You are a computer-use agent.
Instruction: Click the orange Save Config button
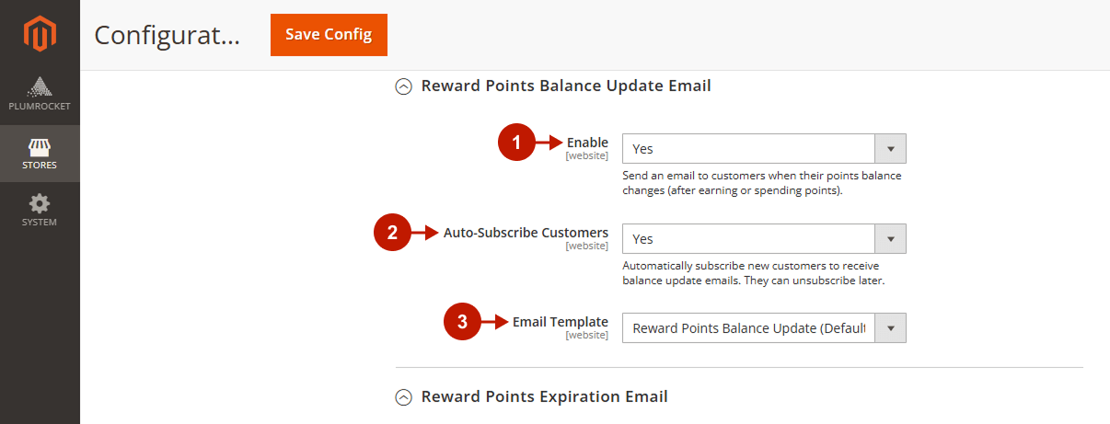329,35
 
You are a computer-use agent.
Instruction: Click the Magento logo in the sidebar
40,34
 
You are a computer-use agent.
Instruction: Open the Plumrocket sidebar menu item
40,94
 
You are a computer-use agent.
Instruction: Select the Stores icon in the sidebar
40,147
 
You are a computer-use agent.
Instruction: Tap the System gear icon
40,203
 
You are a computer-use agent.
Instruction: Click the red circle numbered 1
516,143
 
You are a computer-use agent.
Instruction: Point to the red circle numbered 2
392,233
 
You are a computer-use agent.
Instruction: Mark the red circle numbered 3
462,322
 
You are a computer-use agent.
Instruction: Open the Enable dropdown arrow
890,149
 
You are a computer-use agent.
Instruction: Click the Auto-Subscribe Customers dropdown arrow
890,239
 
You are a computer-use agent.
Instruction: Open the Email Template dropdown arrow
890,328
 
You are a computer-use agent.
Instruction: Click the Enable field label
587,143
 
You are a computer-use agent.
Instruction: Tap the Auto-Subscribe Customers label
526,233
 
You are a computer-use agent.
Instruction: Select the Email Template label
560,322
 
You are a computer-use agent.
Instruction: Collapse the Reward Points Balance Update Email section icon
403,86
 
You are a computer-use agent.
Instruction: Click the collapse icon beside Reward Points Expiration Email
403,397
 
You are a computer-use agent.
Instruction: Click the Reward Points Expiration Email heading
544,396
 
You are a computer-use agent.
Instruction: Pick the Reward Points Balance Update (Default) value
749,328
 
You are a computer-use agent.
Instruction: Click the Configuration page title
167,36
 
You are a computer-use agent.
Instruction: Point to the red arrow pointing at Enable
549,143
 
